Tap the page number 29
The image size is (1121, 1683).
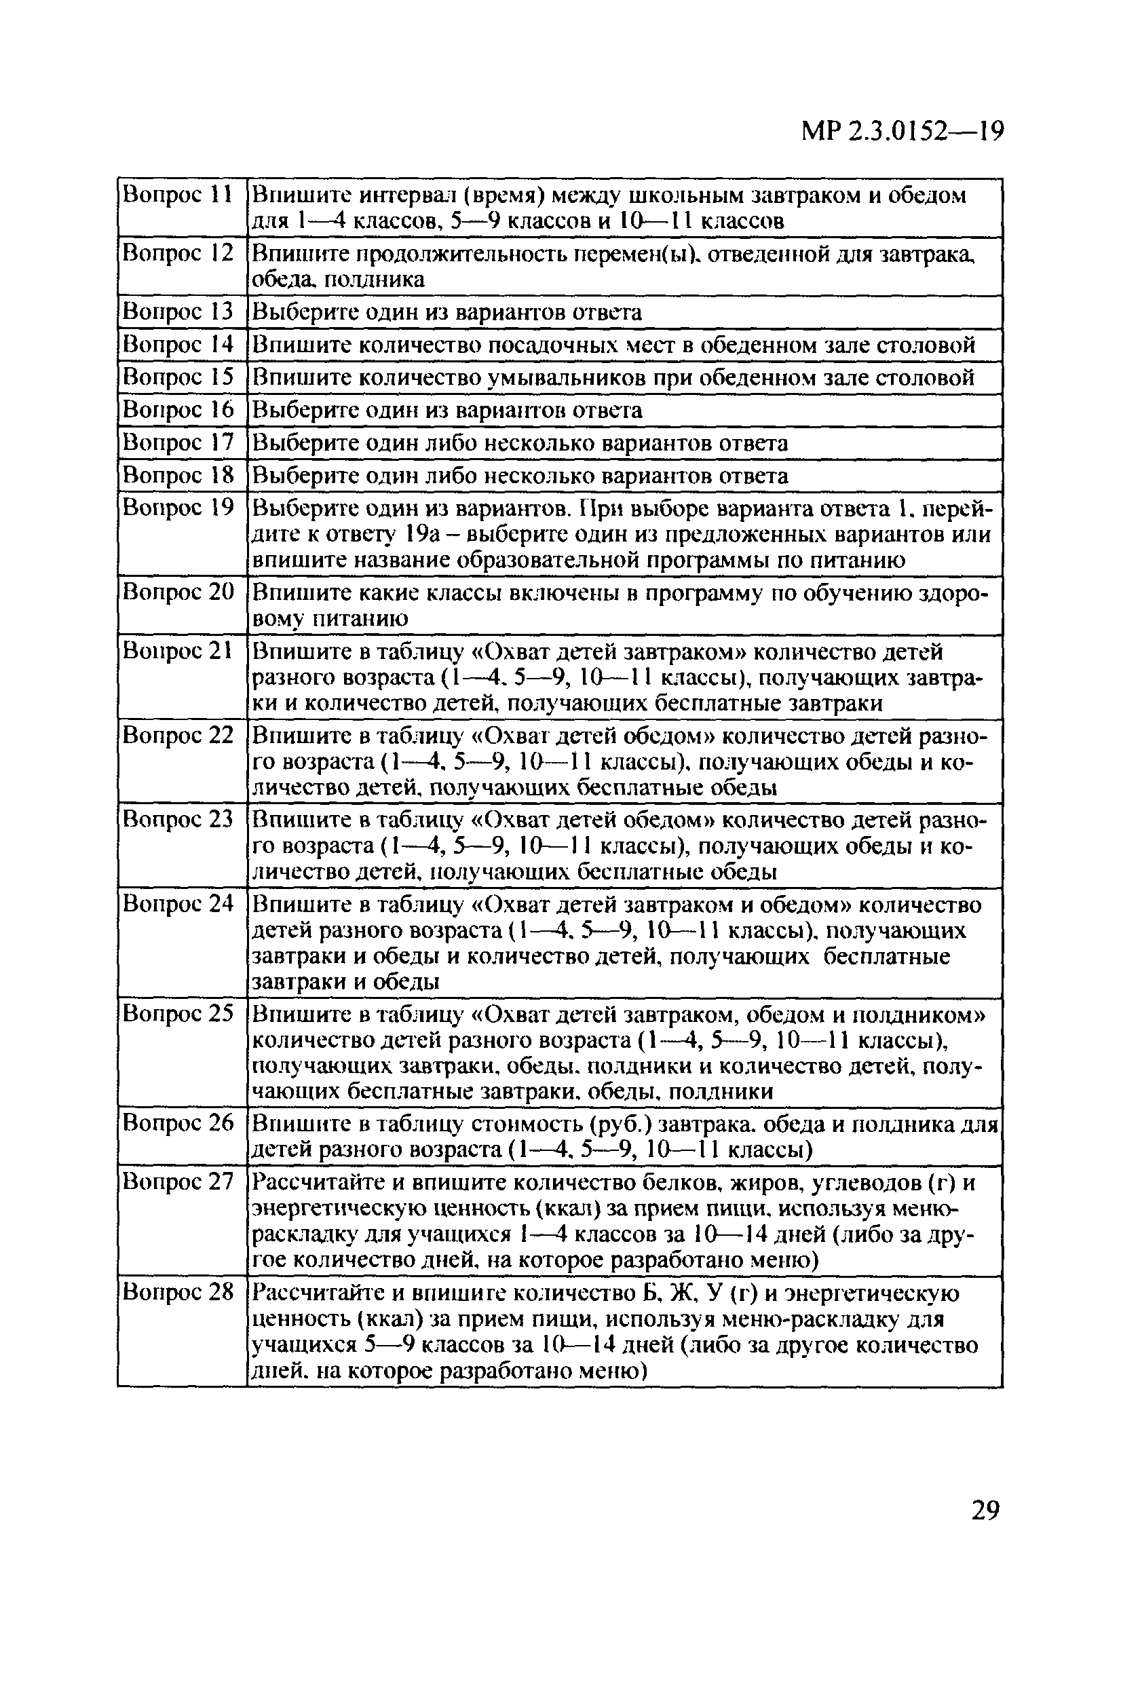pyautogui.click(x=985, y=1510)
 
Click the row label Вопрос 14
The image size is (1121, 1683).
pyautogui.click(x=178, y=344)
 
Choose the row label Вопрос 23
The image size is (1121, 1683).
pyautogui.click(x=178, y=818)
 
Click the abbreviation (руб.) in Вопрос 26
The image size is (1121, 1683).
pyautogui.click(x=620, y=1124)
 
